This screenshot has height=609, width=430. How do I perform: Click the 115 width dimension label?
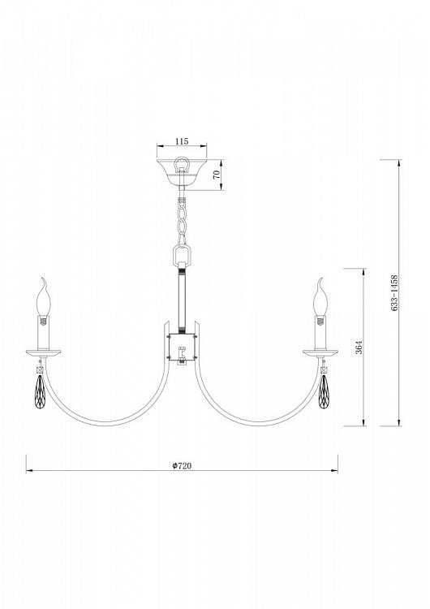[182, 141]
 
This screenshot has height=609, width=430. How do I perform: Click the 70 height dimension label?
[217, 175]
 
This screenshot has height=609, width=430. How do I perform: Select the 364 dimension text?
[359, 347]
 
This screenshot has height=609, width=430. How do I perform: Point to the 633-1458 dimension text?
[394, 293]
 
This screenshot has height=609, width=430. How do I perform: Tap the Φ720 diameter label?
[182, 465]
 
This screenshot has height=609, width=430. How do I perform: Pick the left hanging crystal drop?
[40, 391]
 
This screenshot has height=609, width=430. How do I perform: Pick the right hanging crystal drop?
[323, 391]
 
